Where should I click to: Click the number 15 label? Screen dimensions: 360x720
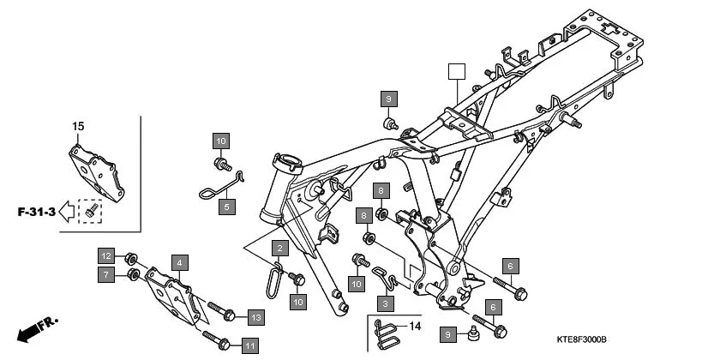coord(78,127)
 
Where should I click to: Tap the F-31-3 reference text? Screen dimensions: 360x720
coord(35,211)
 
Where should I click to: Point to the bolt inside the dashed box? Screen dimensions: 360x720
coord(90,209)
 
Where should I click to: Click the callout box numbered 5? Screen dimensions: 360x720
coord(227,207)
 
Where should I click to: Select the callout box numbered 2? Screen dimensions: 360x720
coord(279,249)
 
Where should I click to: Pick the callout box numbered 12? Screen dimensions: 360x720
coord(105,256)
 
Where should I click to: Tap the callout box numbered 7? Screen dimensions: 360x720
coord(105,274)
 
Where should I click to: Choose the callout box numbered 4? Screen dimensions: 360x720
coord(179,262)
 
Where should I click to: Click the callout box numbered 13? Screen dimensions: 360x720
coord(255,317)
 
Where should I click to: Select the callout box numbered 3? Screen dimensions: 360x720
coord(386,303)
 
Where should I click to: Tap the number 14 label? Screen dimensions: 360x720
coord(416,327)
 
